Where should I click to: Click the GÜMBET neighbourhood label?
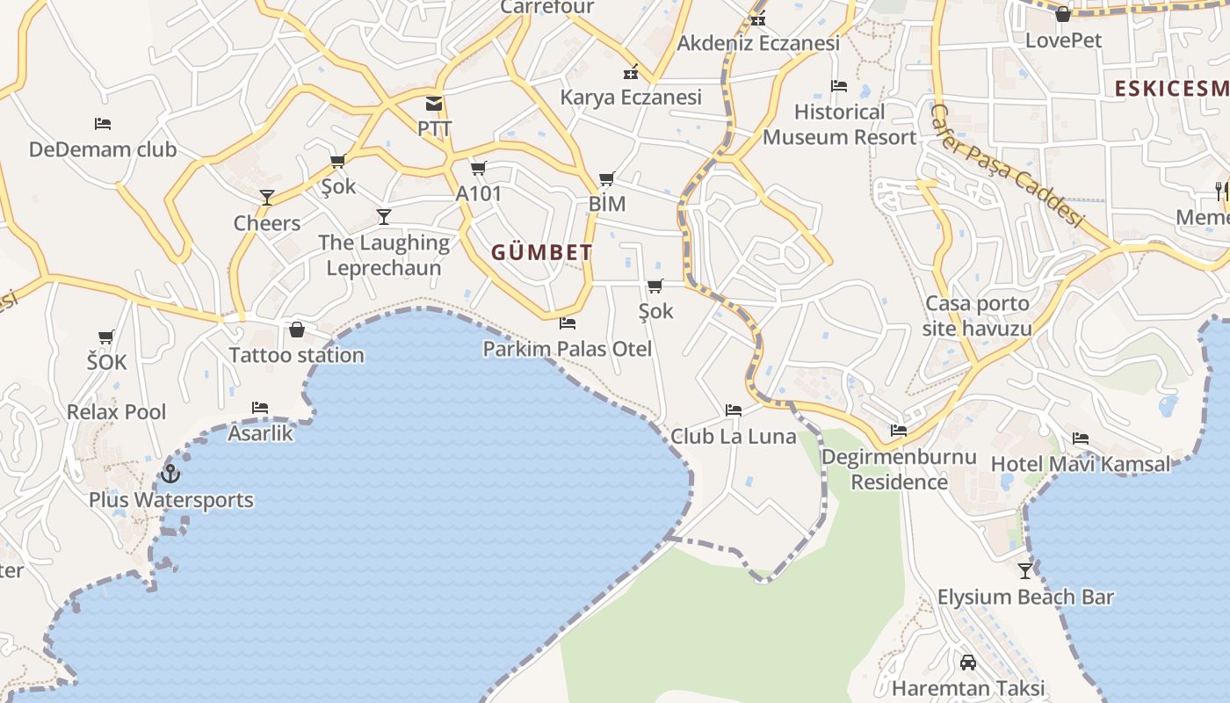click(541, 253)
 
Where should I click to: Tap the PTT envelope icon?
click(434, 104)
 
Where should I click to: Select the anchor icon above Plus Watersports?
click(170, 475)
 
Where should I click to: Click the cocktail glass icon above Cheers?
click(267, 198)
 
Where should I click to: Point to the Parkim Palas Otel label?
click(568, 349)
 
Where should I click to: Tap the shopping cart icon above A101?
click(479, 168)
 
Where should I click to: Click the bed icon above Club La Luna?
click(734, 410)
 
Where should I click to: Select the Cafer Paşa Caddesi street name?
click(1006, 165)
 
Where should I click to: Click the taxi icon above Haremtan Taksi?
click(968, 663)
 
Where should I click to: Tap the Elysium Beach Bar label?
click(1025, 598)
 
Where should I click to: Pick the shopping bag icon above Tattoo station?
click(297, 330)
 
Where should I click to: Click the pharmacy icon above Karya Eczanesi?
click(631, 72)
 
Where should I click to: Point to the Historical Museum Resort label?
click(840, 125)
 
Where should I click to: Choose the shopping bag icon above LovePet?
click(1063, 14)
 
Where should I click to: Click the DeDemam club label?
click(103, 149)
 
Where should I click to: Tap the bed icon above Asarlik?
click(260, 408)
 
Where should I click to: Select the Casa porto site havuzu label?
click(977, 316)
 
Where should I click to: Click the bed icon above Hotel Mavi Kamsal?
click(1081, 438)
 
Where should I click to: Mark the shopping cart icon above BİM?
click(607, 179)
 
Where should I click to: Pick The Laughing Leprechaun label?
click(384, 255)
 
